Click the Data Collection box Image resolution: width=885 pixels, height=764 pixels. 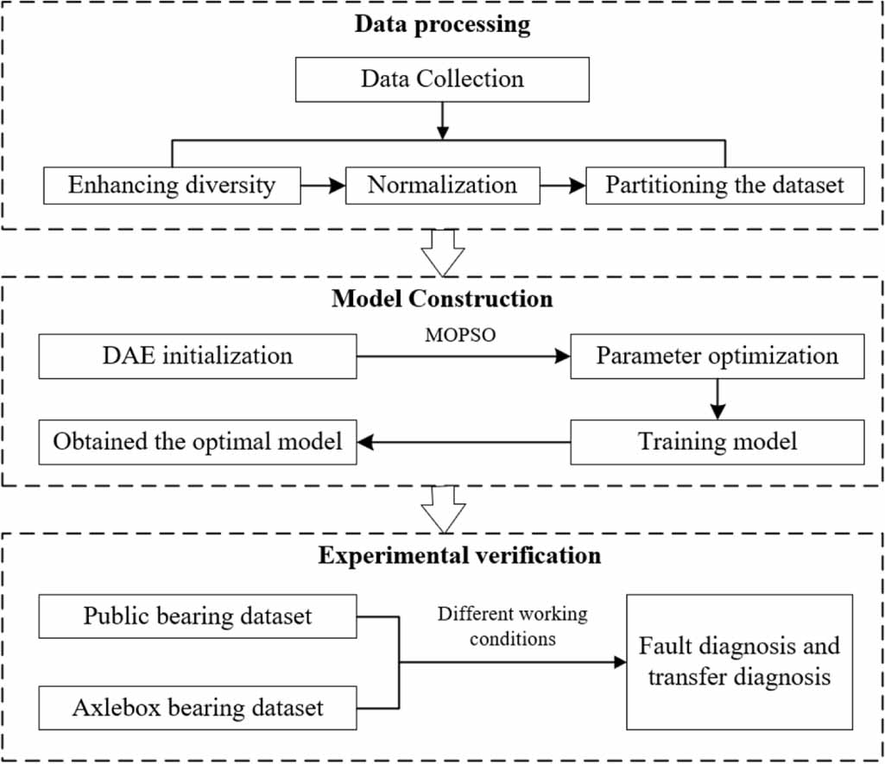[x=442, y=79]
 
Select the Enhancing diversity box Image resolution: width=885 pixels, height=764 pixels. [x=172, y=185]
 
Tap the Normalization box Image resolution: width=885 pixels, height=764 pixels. [x=442, y=185]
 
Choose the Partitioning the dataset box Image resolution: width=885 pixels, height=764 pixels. [x=724, y=185]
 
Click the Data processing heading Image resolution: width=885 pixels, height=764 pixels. [x=442, y=23]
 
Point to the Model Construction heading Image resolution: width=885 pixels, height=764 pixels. [x=442, y=299]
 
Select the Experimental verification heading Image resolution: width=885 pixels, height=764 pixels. [x=459, y=554]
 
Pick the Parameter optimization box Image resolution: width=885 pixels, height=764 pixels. [x=717, y=356]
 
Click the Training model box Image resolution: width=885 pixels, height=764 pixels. [x=717, y=442]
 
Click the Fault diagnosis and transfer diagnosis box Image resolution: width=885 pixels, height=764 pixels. [x=739, y=661]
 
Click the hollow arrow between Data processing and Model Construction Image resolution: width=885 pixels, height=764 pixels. [x=442, y=253]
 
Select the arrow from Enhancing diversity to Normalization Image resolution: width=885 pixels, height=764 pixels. [x=323, y=185]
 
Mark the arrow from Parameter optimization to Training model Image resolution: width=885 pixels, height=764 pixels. [x=717, y=399]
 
